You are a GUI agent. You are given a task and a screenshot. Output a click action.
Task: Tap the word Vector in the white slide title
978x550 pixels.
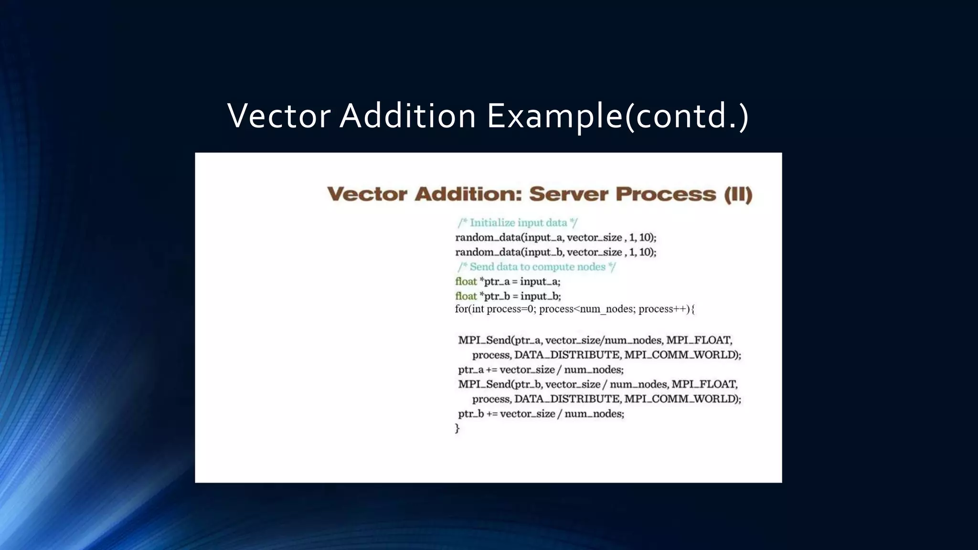point(279,116)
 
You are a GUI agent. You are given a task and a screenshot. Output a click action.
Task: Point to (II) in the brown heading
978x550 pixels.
point(738,194)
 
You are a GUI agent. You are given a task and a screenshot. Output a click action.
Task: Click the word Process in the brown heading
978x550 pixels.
point(666,194)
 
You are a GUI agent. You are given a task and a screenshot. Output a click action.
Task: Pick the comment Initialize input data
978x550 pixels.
point(518,222)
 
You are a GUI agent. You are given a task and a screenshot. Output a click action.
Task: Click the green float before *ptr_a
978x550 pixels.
point(466,281)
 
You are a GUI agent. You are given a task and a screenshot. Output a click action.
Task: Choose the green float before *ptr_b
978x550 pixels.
point(466,296)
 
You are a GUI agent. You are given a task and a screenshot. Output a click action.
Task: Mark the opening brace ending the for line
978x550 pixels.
point(693,309)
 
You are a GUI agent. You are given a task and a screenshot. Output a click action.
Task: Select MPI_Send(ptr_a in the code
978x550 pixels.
point(500,340)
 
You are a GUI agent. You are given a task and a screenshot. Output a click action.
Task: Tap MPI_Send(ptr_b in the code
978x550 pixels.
point(500,384)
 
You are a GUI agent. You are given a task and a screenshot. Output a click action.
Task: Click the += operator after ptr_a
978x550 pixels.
point(491,370)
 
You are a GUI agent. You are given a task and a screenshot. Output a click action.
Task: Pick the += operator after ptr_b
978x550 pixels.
point(492,414)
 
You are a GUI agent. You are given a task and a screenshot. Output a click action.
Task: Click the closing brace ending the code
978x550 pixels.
point(457,428)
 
